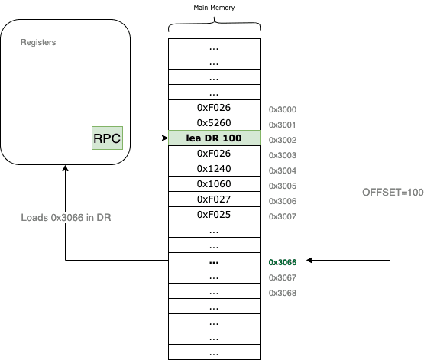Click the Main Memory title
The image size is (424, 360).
214,8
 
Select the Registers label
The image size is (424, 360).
38,42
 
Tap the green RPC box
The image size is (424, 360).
107,138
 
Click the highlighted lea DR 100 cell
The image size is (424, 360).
214,138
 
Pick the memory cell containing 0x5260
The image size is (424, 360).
214,123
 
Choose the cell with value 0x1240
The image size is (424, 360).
214,168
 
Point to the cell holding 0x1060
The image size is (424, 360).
214,184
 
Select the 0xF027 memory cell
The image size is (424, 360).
214,199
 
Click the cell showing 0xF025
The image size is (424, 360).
214,215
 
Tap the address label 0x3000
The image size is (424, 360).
283,109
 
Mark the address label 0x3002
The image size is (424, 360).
283,140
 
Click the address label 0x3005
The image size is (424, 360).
283,186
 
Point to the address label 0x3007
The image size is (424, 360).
283,216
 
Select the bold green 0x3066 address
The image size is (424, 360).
283,262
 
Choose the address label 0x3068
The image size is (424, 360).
283,293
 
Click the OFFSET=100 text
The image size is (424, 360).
393,193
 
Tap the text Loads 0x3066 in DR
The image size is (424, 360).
66,218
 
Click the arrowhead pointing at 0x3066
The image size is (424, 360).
309,260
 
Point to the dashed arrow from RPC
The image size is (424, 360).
145,138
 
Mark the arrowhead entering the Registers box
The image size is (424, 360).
66,168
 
